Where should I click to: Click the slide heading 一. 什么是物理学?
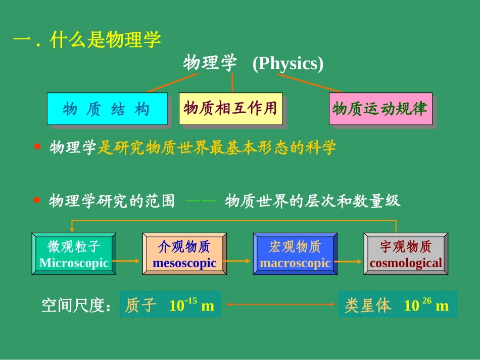[87, 40]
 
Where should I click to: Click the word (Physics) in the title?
[287, 64]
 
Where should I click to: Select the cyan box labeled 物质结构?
[107, 109]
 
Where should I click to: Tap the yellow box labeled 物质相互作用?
[230, 108]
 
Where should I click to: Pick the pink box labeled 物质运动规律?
[380, 108]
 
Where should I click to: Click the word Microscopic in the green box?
[74, 263]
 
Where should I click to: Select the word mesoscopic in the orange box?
[184, 263]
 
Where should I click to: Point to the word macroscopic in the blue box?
[295, 263]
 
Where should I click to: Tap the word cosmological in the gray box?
[406, 263]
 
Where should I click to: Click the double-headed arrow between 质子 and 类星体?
[279, 304]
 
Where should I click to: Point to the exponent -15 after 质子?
[190, 301]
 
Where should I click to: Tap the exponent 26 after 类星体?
[426, 301]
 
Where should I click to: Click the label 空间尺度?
[76, 305]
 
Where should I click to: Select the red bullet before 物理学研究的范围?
[36, 200]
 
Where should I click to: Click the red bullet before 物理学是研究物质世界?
[36, 147]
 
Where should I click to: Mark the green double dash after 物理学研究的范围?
[201, 201]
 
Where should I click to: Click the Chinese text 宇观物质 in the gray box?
[406, 247]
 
